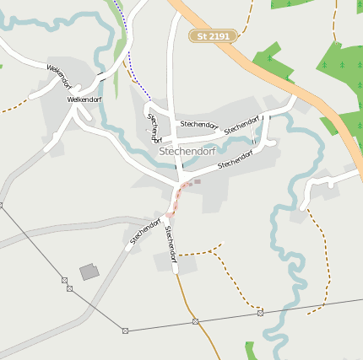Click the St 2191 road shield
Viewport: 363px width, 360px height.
point(213,36)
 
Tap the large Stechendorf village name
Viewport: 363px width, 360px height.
point(187,152)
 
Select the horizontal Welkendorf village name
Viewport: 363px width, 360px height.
point(84,99)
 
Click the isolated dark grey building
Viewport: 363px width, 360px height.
point(89,271)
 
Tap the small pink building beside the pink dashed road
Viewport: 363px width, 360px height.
point(198,180)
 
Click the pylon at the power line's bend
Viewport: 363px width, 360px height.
point(125,330)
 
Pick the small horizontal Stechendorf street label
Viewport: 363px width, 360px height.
point(199,125)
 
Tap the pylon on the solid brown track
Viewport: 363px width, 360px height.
point(194,321)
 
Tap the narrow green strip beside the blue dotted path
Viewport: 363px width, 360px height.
point(117,34)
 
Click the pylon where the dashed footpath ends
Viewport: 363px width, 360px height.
point(260,312)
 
